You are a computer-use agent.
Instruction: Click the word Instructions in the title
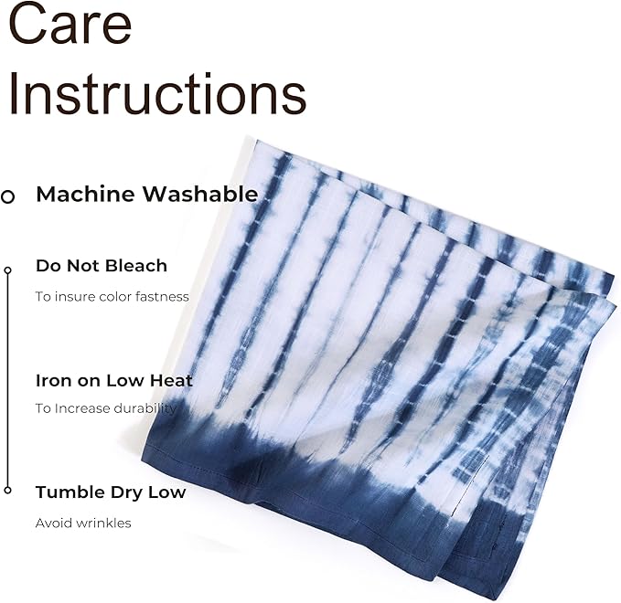tap(157, 94)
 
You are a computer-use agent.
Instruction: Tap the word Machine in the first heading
tap(85, 195)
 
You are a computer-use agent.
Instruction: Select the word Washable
tap(200, 195)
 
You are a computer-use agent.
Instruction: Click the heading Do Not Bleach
tap(102, 266)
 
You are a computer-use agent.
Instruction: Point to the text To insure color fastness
tap(112, 296)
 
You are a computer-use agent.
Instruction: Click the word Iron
tap(54, 381)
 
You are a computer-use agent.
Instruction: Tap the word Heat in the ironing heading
tap(172, 381)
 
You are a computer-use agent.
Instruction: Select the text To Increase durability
tap(106, 408)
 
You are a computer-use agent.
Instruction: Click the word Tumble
tap(70, 492)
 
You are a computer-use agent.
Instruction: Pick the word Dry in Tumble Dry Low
tap(127, 493)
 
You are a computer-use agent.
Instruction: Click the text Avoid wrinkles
tap(83, 524)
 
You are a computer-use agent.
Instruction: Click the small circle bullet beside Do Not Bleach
tap(7, 270)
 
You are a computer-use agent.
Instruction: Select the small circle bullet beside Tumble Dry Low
tap(7, 491)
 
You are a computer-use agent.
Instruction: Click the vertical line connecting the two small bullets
tap(7, 381)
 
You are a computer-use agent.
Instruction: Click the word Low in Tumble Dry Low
tap(166, 492)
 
